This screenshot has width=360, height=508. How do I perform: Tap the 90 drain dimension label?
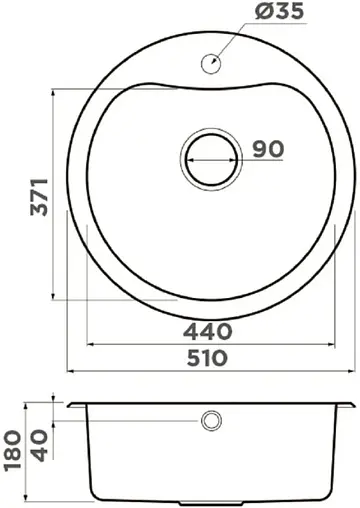(268, 149)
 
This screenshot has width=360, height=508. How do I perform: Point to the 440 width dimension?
(209, 331)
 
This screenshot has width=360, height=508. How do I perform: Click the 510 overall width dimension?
(209, 357)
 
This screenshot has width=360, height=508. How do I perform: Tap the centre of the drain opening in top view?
(209, 157)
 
